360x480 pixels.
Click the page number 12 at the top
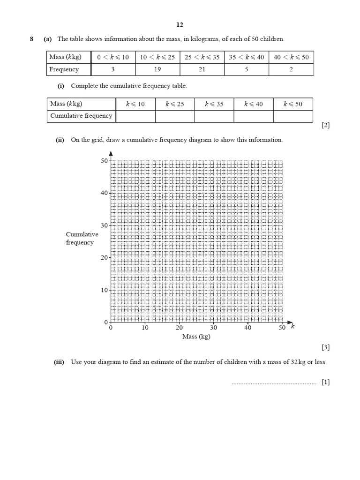point(180,25)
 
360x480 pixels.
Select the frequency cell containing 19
point(157,69)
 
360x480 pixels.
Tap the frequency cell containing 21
point(202,69)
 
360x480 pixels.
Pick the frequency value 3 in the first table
point(113,69)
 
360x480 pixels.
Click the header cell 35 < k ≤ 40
point(247,57)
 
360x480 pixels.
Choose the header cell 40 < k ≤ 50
point(291,57)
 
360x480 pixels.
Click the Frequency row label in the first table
point(64,69)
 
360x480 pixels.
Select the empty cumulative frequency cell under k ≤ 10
point(135,116)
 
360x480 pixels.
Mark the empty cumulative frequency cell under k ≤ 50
point(293,116)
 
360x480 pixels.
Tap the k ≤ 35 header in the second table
point(214,104)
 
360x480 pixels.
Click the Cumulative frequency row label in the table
point(81,116)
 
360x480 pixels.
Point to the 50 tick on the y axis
point(104,161)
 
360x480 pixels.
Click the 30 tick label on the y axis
point(104,225)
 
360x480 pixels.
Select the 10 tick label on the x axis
point(145,328)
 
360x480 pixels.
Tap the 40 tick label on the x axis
point(247,328)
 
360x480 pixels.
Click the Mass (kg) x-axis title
point(196,337)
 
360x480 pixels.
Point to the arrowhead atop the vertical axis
point(111,153)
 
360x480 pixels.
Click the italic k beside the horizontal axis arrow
point(292,326)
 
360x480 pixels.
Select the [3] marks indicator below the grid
point(326,347)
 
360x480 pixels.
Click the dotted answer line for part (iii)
point(274,383)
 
